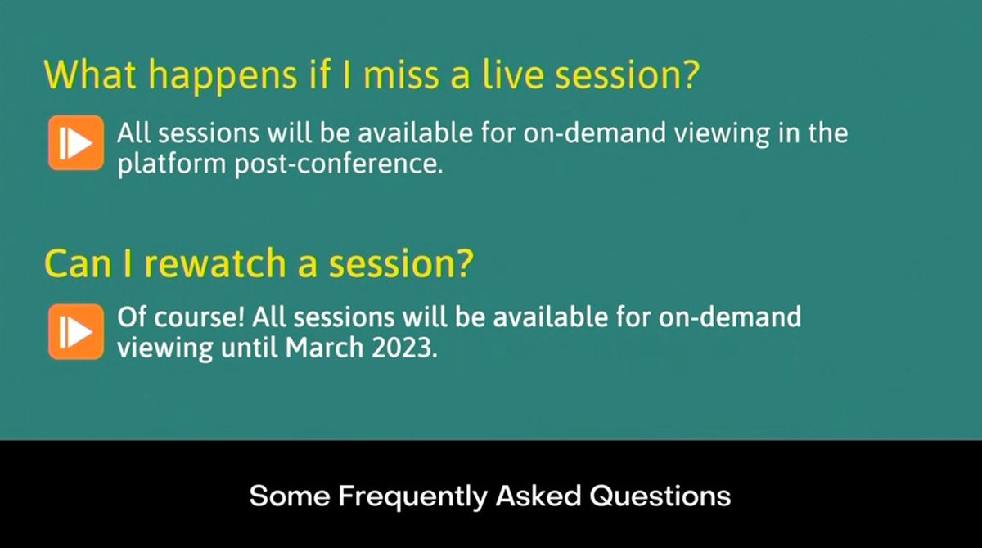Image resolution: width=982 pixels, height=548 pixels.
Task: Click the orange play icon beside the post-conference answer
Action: (x=76, y=142)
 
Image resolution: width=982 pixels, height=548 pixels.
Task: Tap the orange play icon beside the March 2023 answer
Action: (x=76, y=331)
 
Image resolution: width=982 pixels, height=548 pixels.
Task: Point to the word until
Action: (x=251, y=348)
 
